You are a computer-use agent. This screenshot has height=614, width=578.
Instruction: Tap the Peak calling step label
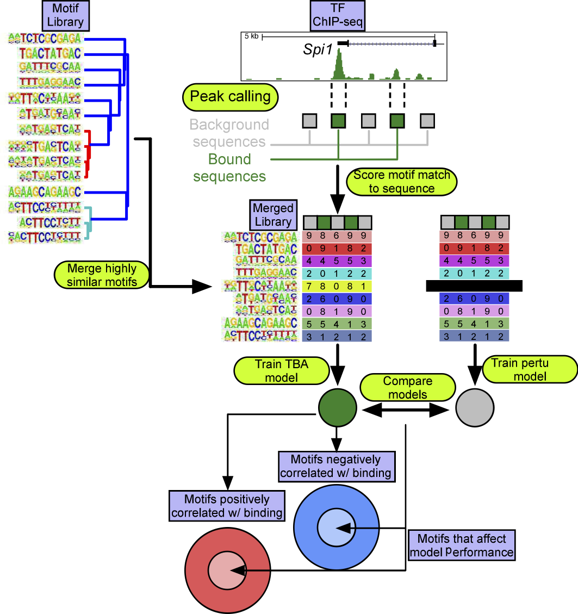(230, 97)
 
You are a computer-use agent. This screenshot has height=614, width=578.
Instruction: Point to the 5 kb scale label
(251, 37)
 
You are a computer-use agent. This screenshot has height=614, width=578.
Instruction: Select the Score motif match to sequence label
(402, 182)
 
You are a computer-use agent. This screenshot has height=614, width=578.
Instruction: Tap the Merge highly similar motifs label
(102, 275)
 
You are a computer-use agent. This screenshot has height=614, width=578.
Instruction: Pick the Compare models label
(400, 387)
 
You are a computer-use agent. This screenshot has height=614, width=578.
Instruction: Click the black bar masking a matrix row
(474, 286)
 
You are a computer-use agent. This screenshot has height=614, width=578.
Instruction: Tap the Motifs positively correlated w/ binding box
(227, 506)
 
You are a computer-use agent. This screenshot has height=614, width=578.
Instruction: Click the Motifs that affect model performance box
(462, 545)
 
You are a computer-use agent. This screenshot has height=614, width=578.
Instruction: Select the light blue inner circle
(336, 528)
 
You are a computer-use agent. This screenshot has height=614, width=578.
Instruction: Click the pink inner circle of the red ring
(228, 570)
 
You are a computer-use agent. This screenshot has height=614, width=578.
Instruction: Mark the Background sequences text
(229, 133)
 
